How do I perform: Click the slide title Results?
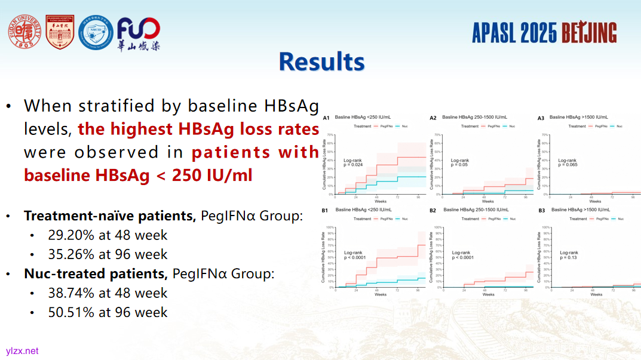[x=321, y=62]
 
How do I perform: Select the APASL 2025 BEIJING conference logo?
[x=544, y=32]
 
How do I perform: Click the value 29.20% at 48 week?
[x=108, y=235]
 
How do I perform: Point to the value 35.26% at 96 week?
[x=108, y=254]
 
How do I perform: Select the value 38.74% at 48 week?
[x=108, y=293]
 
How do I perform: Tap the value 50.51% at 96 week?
[x=108, y=312]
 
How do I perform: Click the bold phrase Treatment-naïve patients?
[x=110, y=216]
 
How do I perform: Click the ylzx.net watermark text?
[x=22, y=351]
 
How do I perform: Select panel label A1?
[x=326, y=118]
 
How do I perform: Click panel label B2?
[x=433, y=211]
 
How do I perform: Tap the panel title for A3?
[x=578, y=118]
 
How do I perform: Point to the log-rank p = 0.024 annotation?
[x=353, y=162]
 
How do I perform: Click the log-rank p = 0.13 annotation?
[x=569, y=255]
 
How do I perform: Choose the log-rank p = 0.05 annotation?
[x=460, y=162]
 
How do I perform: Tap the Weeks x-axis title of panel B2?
[x=488, y=294]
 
